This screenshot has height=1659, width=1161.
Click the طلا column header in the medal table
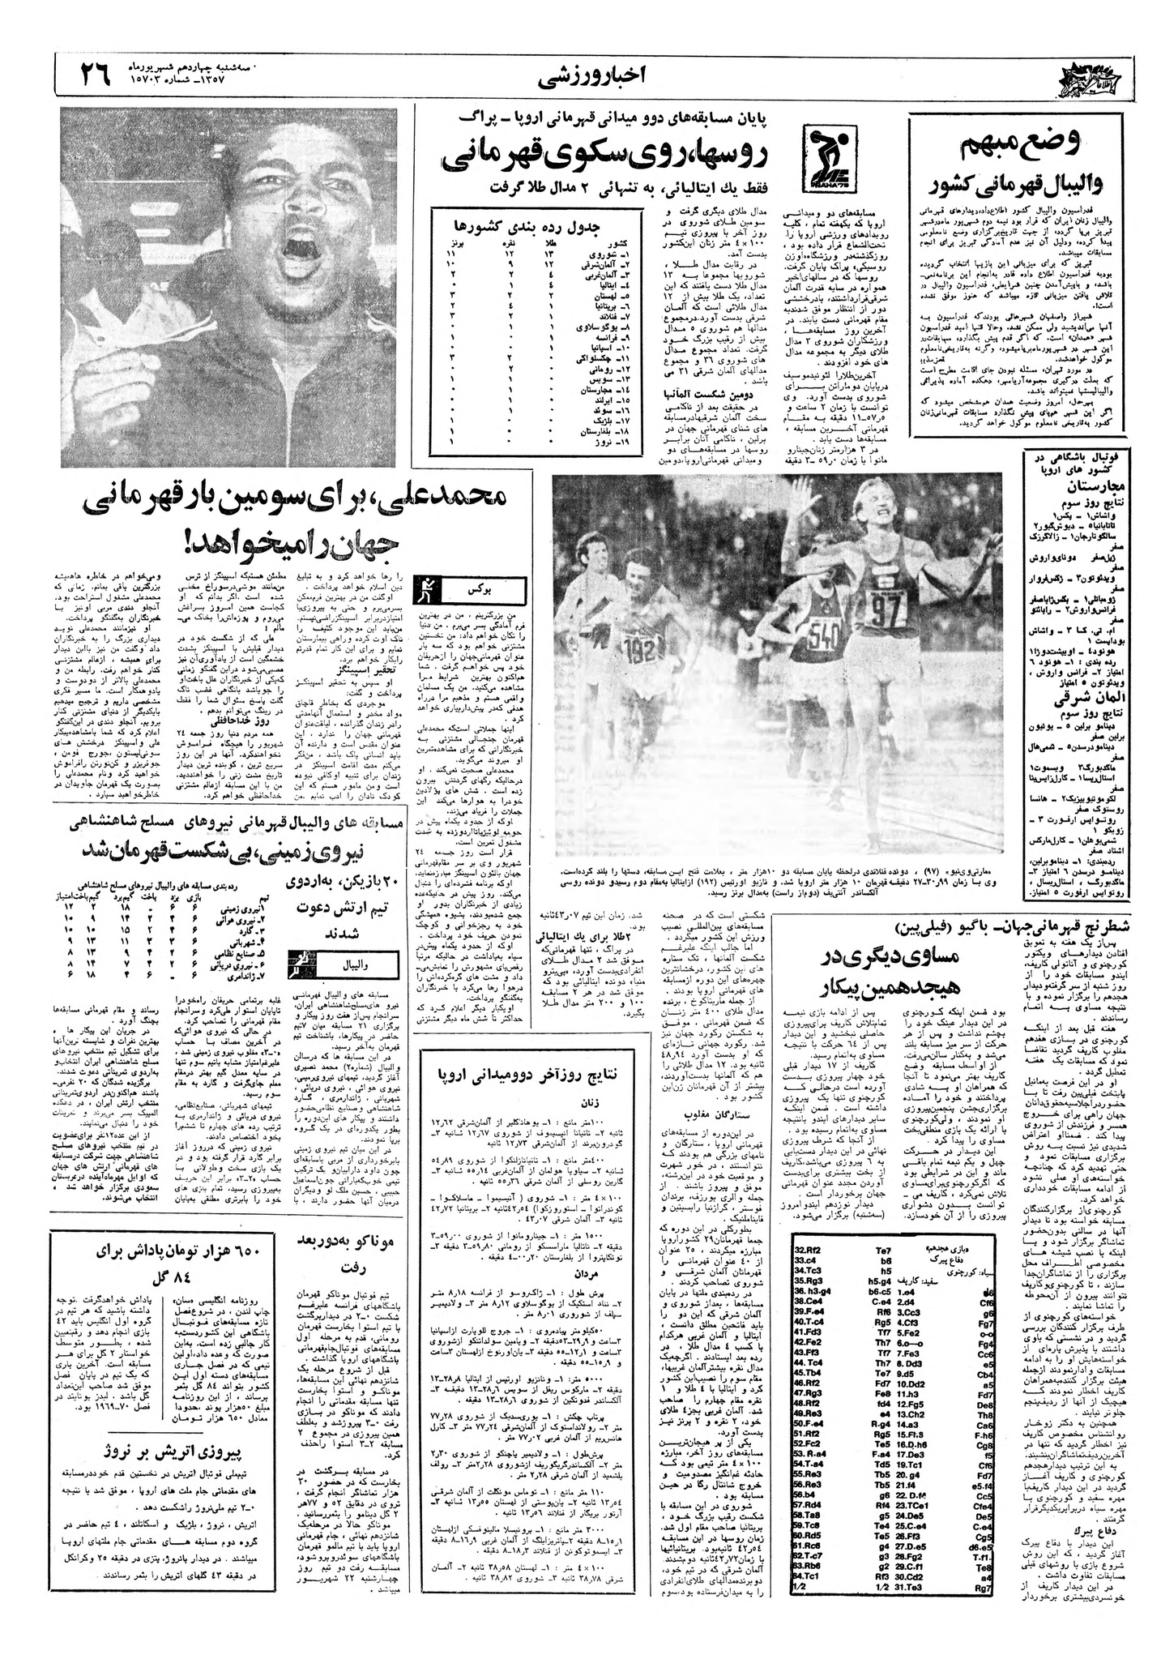pyautogui.click(x=551, y=242)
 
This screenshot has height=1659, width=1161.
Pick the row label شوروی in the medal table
pyautogui.click(x=621, y=254)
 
